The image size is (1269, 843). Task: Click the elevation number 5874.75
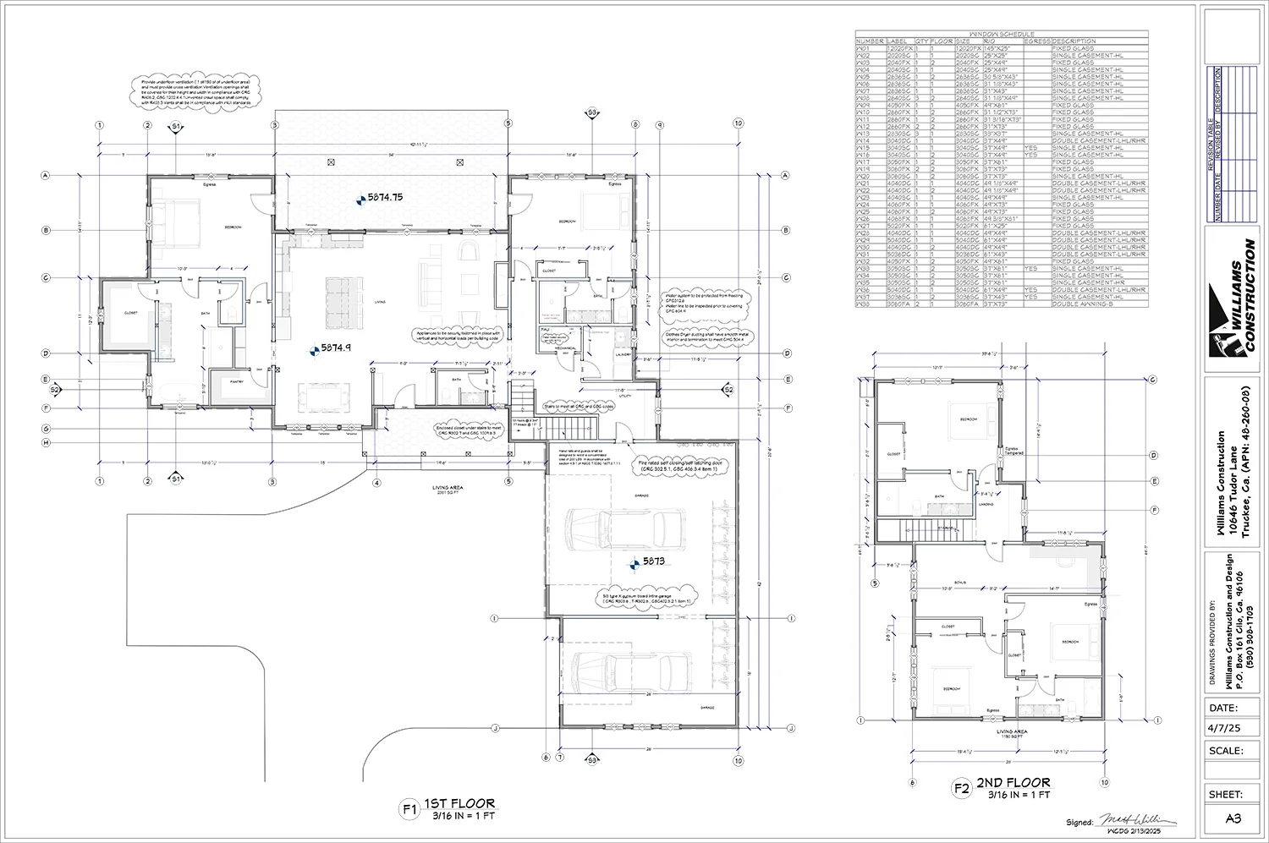[385, 197]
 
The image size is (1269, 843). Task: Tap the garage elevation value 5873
[655, 561]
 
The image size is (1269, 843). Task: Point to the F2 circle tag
[962, 789]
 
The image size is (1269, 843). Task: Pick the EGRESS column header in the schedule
[1036, 41]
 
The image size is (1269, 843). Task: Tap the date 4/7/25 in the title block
[1223, 726]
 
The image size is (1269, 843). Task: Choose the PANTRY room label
[227, 382]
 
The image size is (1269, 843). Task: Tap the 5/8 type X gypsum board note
[648, 597]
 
